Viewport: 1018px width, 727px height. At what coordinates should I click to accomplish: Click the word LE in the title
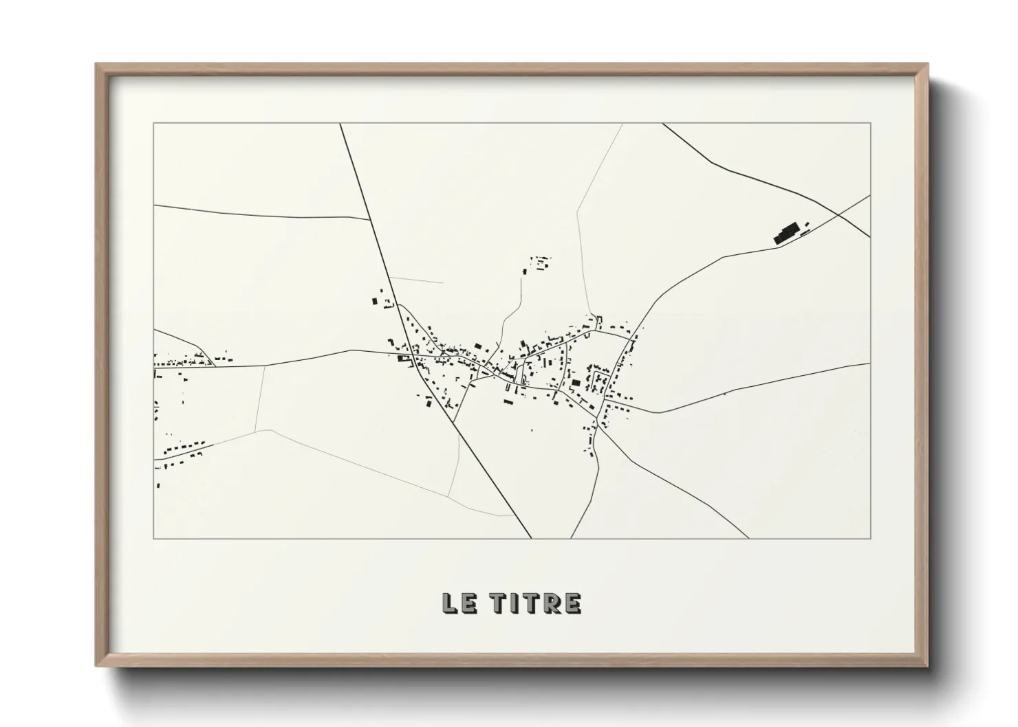(x=458, y=603)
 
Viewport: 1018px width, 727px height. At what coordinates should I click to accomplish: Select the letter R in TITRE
(x=554, y=603)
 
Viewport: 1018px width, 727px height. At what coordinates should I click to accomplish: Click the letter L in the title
(x=450, y=603)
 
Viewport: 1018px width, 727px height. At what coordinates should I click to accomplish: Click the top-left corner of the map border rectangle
(x=154, y=124)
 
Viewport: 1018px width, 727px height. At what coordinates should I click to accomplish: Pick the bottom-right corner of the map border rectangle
(x=870, y=538)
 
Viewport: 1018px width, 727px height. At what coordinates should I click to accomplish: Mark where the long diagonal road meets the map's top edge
(x=340, y=124)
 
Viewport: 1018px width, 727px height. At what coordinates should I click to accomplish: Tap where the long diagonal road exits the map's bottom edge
(x=531, y=538)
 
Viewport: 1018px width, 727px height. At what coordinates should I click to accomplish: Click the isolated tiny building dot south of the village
(x=531, y=430)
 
